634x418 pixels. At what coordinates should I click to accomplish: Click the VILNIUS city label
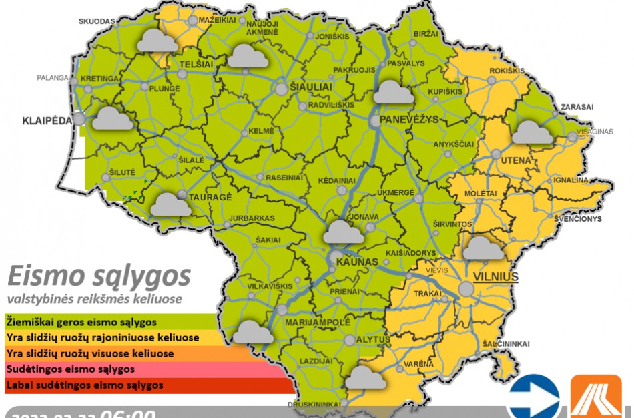coord(495,277)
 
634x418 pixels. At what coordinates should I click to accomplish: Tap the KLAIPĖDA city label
coord(46,122)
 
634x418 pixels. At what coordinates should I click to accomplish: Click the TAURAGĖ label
coord(210,198)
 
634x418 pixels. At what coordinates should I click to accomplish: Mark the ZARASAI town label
coord(577,107)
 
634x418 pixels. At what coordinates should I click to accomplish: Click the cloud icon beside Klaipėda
coord(112,119)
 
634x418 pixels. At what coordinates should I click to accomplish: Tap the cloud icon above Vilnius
coord(483,248)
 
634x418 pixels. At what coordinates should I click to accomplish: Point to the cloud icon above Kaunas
coord(344,232)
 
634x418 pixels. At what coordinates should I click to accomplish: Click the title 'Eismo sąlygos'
coord(99,275)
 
